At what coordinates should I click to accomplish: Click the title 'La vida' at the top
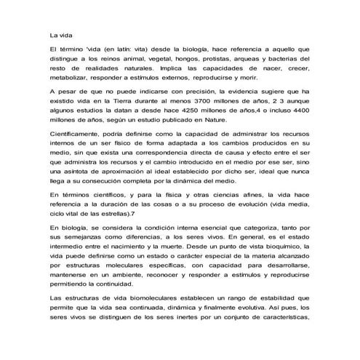(x=60, y=33)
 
